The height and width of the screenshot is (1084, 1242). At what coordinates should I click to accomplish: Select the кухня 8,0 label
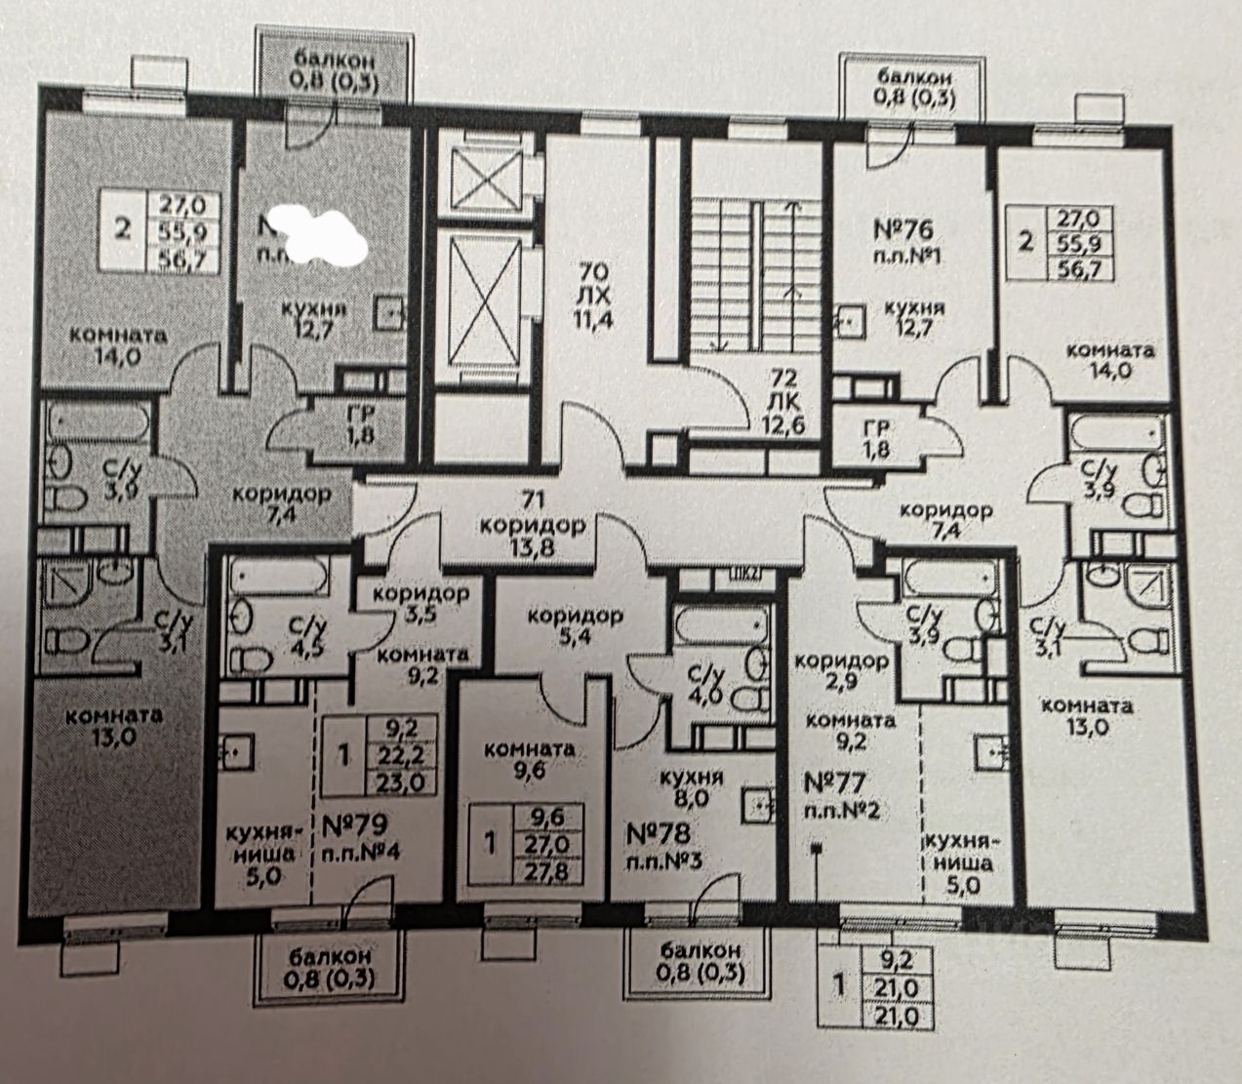click(689, 787)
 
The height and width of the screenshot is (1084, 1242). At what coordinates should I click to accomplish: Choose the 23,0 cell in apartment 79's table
click(399, 781)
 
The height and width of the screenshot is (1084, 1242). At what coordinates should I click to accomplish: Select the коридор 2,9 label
click(840, 671)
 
